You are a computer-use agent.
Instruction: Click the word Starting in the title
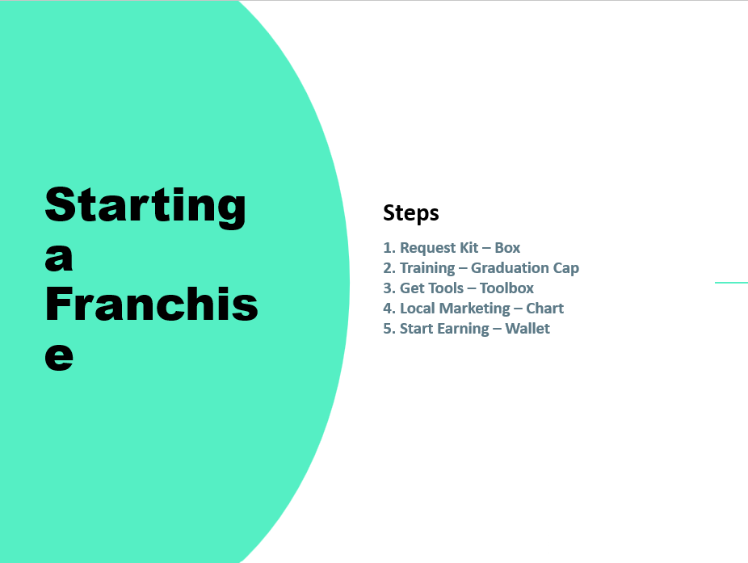(145, 206)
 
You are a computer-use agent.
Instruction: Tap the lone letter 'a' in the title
(59, 258)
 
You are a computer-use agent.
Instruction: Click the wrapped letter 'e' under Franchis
(59, 356)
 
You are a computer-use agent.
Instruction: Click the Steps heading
(411, 212)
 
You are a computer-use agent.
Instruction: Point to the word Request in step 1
(427, 248)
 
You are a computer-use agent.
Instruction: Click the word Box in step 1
(507, 248)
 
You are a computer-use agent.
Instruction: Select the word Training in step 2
(427, 268)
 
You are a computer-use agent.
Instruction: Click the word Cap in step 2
(565, 268)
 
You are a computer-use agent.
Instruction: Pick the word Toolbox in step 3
(506, 288)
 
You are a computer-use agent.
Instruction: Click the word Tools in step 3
(444, 288)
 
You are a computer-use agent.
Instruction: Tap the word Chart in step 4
(544, 309)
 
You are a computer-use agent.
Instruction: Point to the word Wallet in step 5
(527, 329)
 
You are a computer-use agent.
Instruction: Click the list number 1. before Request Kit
(389, 248)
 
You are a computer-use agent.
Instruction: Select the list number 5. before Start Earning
(389, 329)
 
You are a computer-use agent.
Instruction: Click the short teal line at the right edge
(731, 283)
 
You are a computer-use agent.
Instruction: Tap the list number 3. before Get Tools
(389, 288)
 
